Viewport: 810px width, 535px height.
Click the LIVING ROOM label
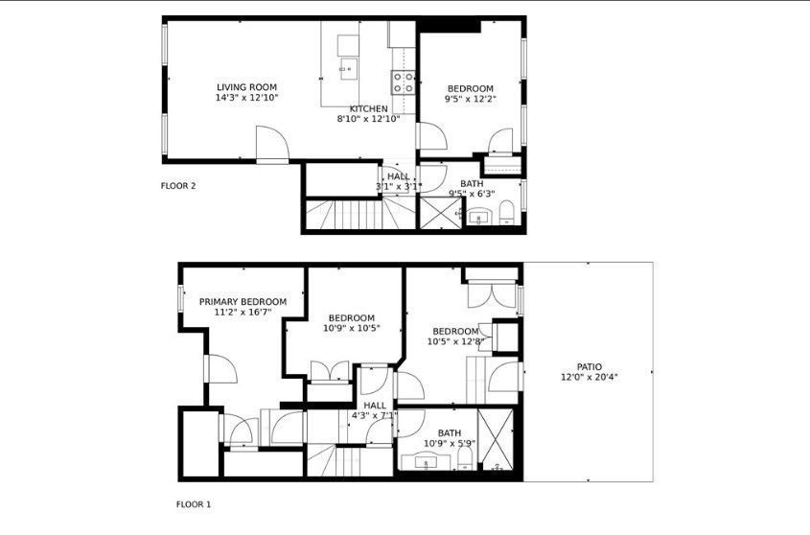(x=246, y=87)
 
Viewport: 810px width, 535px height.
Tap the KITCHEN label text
(x=368, y=108)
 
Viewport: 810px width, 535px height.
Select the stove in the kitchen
(x=403, y=83)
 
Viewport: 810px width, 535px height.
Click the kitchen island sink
(x=346, y=67)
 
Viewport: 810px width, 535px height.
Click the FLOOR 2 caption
(x=178, y=186)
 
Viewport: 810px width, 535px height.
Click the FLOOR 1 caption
(x=194, y=503)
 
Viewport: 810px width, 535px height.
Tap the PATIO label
(x=590, y=366)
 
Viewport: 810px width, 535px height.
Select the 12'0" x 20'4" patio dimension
(x=590, y=377)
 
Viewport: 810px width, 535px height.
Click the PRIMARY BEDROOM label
(x=243, y=301)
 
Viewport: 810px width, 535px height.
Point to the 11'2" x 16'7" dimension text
(x=243, y=312)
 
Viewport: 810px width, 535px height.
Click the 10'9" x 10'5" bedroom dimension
(x=351, y=328)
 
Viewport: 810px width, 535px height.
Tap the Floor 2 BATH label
(x=472, y=183)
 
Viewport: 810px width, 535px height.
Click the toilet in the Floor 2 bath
(x=508, y=213)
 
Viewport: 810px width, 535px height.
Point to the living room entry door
(x=271, y=146)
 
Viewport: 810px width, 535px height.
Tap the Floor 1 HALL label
(x=375, y=406)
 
